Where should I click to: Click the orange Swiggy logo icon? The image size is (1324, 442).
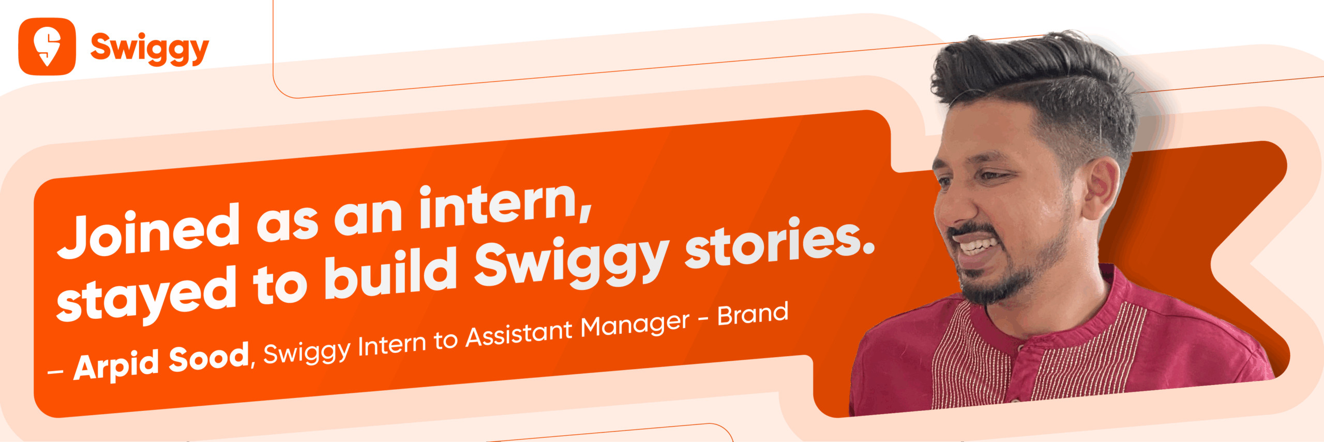(x=47, y=47)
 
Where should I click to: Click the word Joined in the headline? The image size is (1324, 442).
(x=149, y=231)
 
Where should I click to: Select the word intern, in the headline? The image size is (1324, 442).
(x=505, y=205)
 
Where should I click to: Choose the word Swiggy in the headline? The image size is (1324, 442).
(x=572, y=261)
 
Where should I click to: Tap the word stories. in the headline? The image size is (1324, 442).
(x=780, y=243)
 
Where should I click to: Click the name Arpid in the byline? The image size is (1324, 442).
(x=116, y=364)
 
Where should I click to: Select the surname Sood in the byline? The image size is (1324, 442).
(x=209, y=358)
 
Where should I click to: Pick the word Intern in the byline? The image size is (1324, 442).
(x=392, y=345)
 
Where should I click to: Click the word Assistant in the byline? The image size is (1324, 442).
(x=519, y=334)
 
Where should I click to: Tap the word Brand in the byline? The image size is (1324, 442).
(x=753, y=314)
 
